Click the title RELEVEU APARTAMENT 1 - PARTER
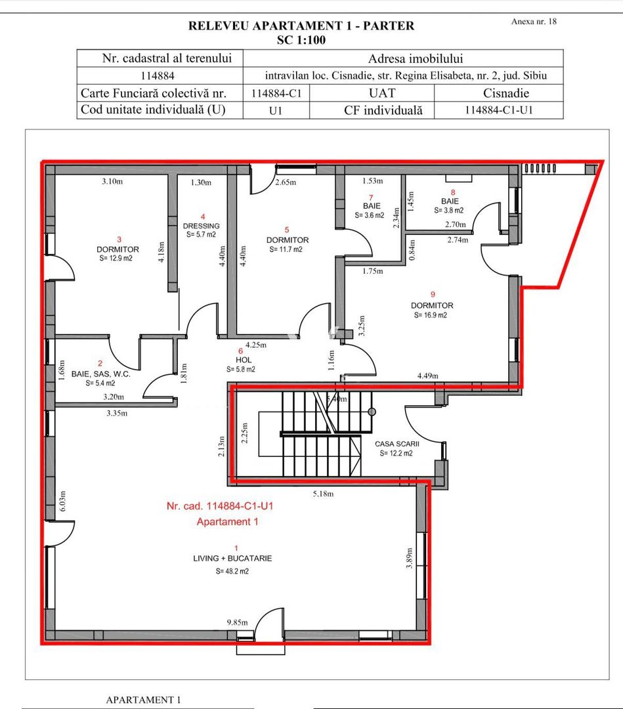point(301,26)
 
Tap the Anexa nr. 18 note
point(533,22)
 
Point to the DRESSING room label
point(201,226)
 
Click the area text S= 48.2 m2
point(232,571)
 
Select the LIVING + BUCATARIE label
point(232,558)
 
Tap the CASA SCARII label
point(397,444)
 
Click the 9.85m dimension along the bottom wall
point(236,621)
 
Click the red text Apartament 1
point(227,522)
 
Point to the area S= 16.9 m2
point(431,315)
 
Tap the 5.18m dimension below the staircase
point(323,494)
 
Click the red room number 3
point(119,240)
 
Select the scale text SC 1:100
point(301,39)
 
